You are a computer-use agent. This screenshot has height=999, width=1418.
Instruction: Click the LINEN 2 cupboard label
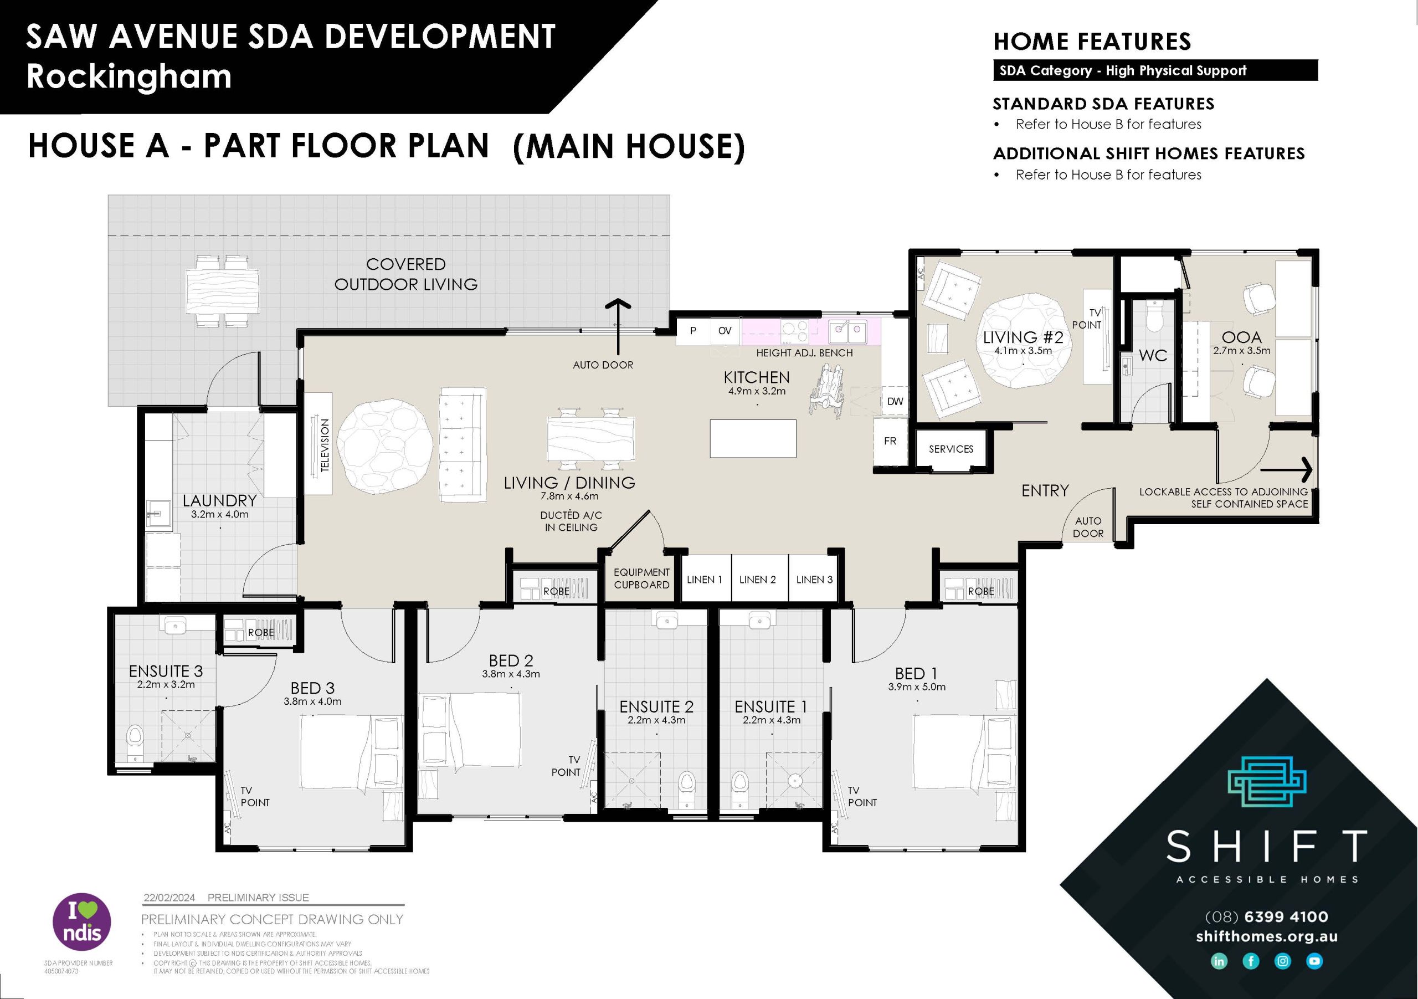[x=757, y=580]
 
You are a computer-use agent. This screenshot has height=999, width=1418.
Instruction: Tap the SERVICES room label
[x=951, y=449]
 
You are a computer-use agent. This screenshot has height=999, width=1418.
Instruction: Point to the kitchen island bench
[x=752, y=439]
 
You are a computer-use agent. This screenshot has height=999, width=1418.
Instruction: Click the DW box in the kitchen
[x=895, y=402]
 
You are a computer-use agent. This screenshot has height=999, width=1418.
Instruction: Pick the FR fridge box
[x=890, y=441]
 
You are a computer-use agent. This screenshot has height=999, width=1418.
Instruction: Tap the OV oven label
[x=725, y=331]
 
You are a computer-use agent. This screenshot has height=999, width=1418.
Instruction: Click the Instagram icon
[x=1283, y=961]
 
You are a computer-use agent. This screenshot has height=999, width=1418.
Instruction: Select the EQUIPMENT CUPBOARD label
[x=641, y=579]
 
